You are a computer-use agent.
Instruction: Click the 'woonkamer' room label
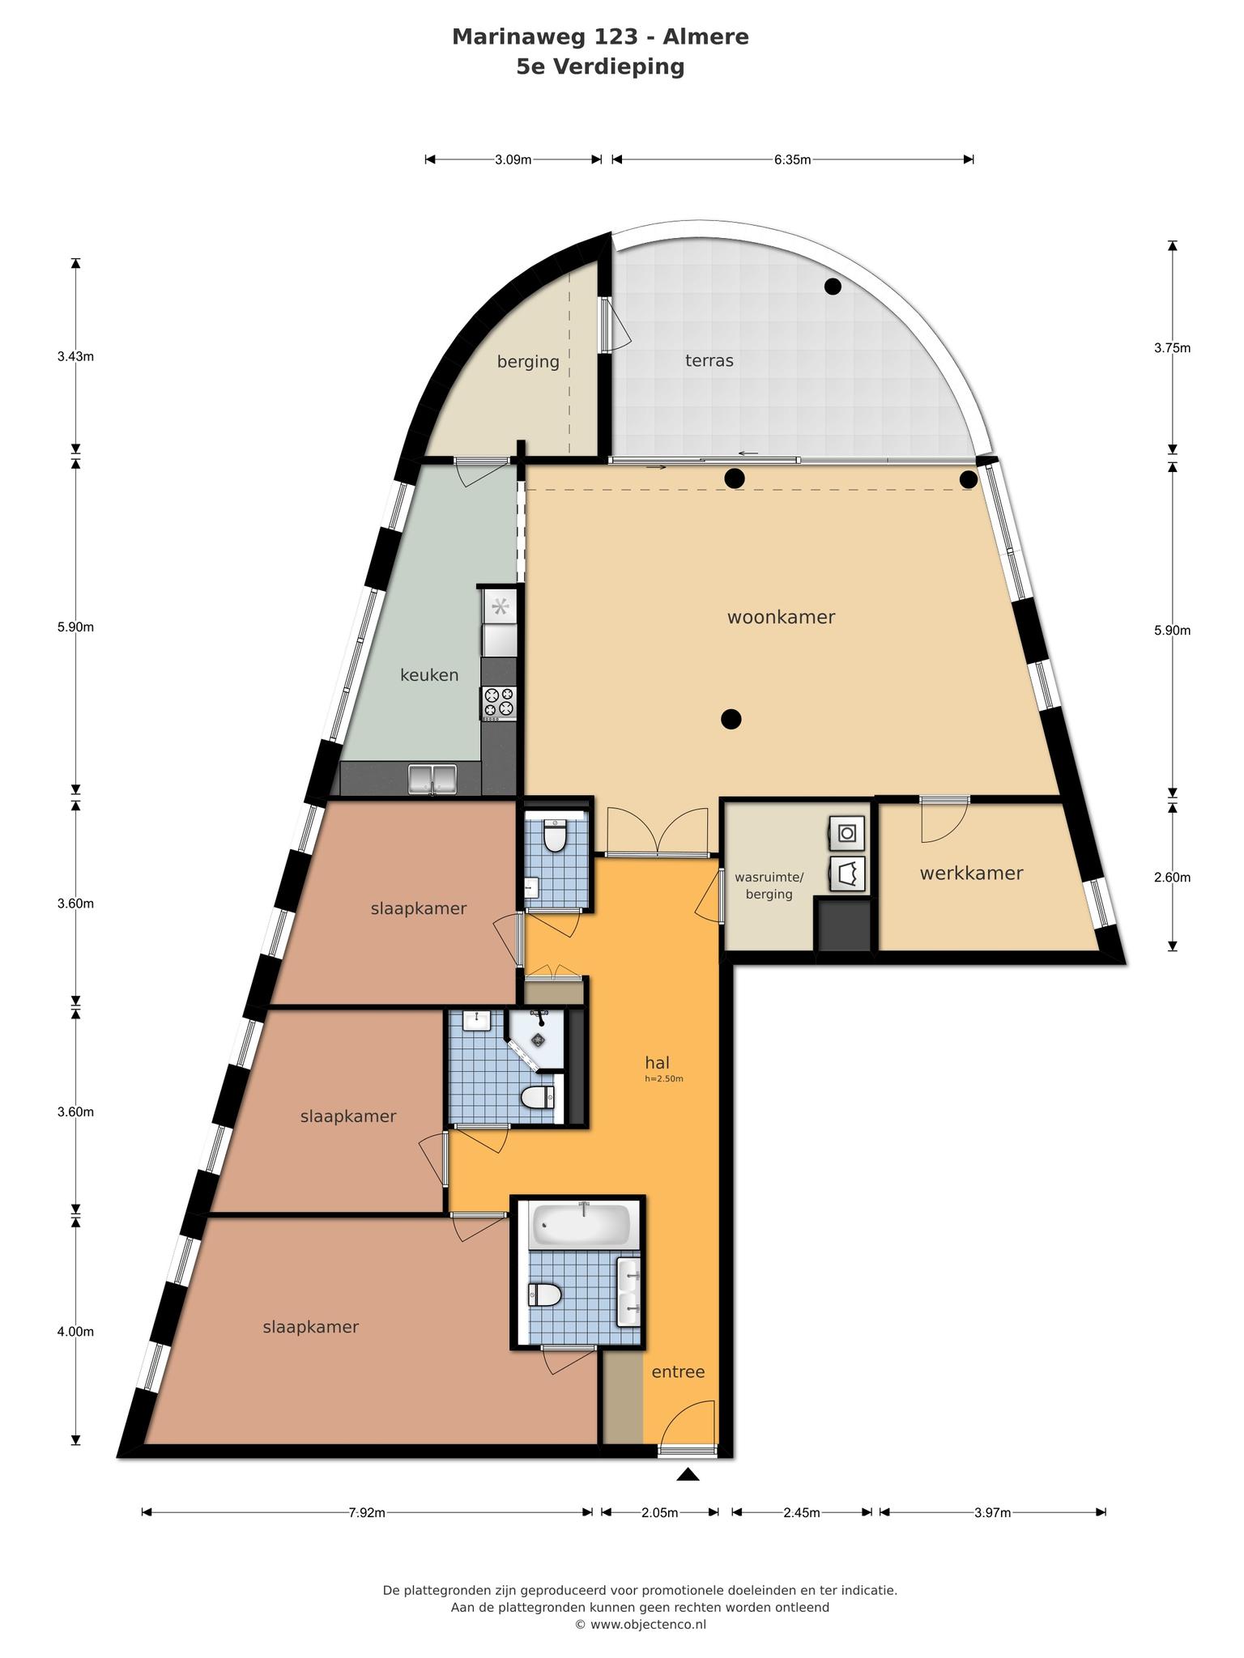click(x=781, y=617)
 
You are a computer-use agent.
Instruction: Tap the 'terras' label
click(x=709, y=360)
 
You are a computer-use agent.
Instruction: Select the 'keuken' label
click(x=429, y=674)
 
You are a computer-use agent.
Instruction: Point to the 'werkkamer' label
click(x=971, y=873)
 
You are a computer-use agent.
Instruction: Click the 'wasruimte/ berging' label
click(x=769, y=886)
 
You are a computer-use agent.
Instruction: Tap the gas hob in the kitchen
click(x=499, y=701)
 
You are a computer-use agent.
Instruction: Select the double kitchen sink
click(x=432, y=779)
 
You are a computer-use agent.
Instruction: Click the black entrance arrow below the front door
click(x=688, y=1474)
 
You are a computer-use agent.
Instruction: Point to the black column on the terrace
click(x=833, y=286)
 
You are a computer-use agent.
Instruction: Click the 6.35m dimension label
click(x=792, y=159)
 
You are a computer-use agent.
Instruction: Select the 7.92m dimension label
click(x=367, y=1512)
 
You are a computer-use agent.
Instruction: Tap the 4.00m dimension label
click(x=75, y=1331)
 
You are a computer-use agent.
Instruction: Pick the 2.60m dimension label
click(x=1172, y=877)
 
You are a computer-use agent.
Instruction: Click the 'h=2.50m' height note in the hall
click(x=664, y=1078)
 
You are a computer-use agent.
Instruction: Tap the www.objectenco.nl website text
click(x=648, y=1624)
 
